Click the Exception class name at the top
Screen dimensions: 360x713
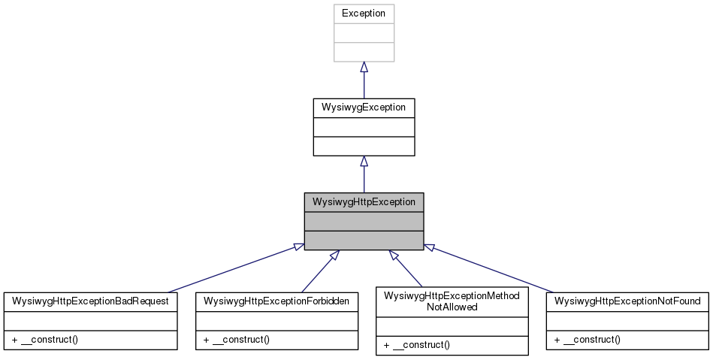tap(364, 14)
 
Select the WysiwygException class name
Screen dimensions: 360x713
tap(364, 107)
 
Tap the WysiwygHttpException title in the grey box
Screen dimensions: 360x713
tap(364, 202)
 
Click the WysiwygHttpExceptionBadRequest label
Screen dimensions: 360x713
tap(90, 301)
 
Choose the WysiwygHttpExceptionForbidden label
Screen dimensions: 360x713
tap(276, 301)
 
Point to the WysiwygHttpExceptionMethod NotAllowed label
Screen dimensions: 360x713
tap(452, 301)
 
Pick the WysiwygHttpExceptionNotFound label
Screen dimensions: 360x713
tap(627, 301)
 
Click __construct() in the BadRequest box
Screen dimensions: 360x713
tap(46, 340)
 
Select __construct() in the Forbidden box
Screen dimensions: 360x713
tap(237, 340)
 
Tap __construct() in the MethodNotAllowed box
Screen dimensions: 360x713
tap(416, 345)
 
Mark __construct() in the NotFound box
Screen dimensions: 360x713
tap(588, 340)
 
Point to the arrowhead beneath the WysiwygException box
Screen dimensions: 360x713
tap(364, 162)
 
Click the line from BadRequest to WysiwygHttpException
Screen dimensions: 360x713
tap(233, 268)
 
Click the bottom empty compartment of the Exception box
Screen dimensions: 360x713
tap(364, 52)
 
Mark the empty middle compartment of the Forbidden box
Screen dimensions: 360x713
tap(276, 320)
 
